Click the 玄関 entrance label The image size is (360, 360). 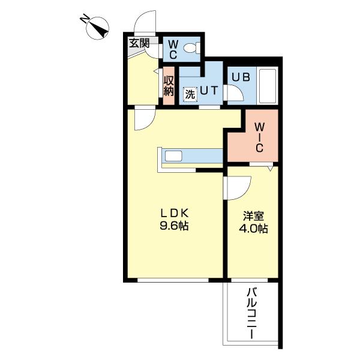139,43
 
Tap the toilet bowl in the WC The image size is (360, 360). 192,48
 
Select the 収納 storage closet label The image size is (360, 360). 169,86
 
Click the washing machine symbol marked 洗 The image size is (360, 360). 190,94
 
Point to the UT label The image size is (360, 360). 209,91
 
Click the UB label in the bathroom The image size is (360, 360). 241,77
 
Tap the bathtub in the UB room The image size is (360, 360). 267,86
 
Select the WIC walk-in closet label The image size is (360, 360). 259,137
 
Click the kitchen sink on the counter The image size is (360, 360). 173,156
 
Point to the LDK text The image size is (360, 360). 174,214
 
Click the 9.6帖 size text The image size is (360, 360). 174,226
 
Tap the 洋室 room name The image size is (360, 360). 253,216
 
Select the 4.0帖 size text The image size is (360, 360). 253,229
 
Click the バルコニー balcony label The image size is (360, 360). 252,314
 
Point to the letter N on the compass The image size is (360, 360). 84,19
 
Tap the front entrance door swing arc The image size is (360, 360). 140,17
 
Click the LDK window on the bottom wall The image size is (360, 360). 173,280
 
